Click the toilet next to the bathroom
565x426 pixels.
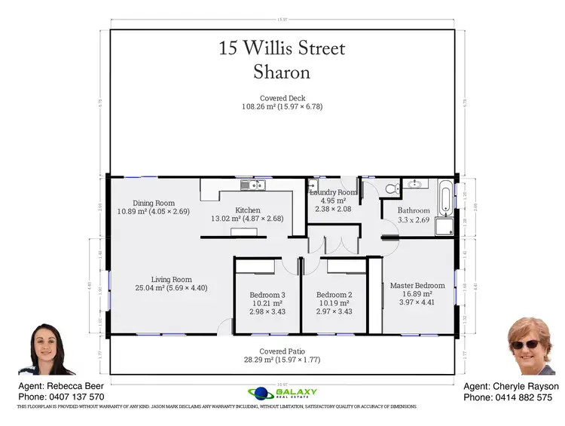click(x=389, y=188)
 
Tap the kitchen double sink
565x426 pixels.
click(x=248, y=185)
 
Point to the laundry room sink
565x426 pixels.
click(x=313, y=185)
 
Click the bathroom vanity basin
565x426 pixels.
click(x=414, y=183)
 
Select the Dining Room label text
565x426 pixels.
click(x=154, y=203)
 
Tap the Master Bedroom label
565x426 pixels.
click(x=417, y=286)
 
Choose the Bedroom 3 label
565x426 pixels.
click(x=267, y=295)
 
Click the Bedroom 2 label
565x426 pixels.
click(x=334, y=295)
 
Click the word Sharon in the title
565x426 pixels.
click(x=282, y=73)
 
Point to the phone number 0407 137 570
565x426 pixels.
click(x=74, y=397)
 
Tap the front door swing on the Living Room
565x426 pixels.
click(x=225, y=326)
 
